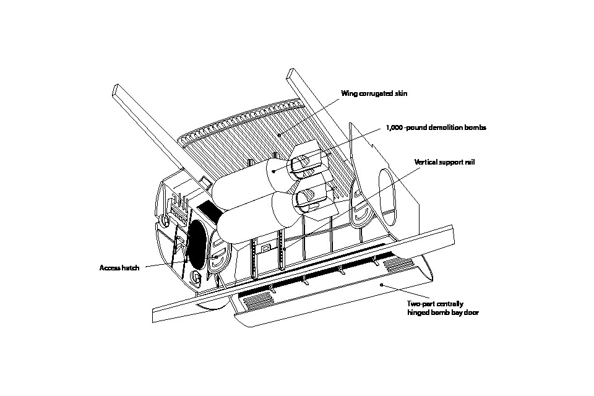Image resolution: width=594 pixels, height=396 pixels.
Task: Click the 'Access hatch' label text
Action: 119,268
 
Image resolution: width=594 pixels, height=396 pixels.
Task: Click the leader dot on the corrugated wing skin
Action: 278,133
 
